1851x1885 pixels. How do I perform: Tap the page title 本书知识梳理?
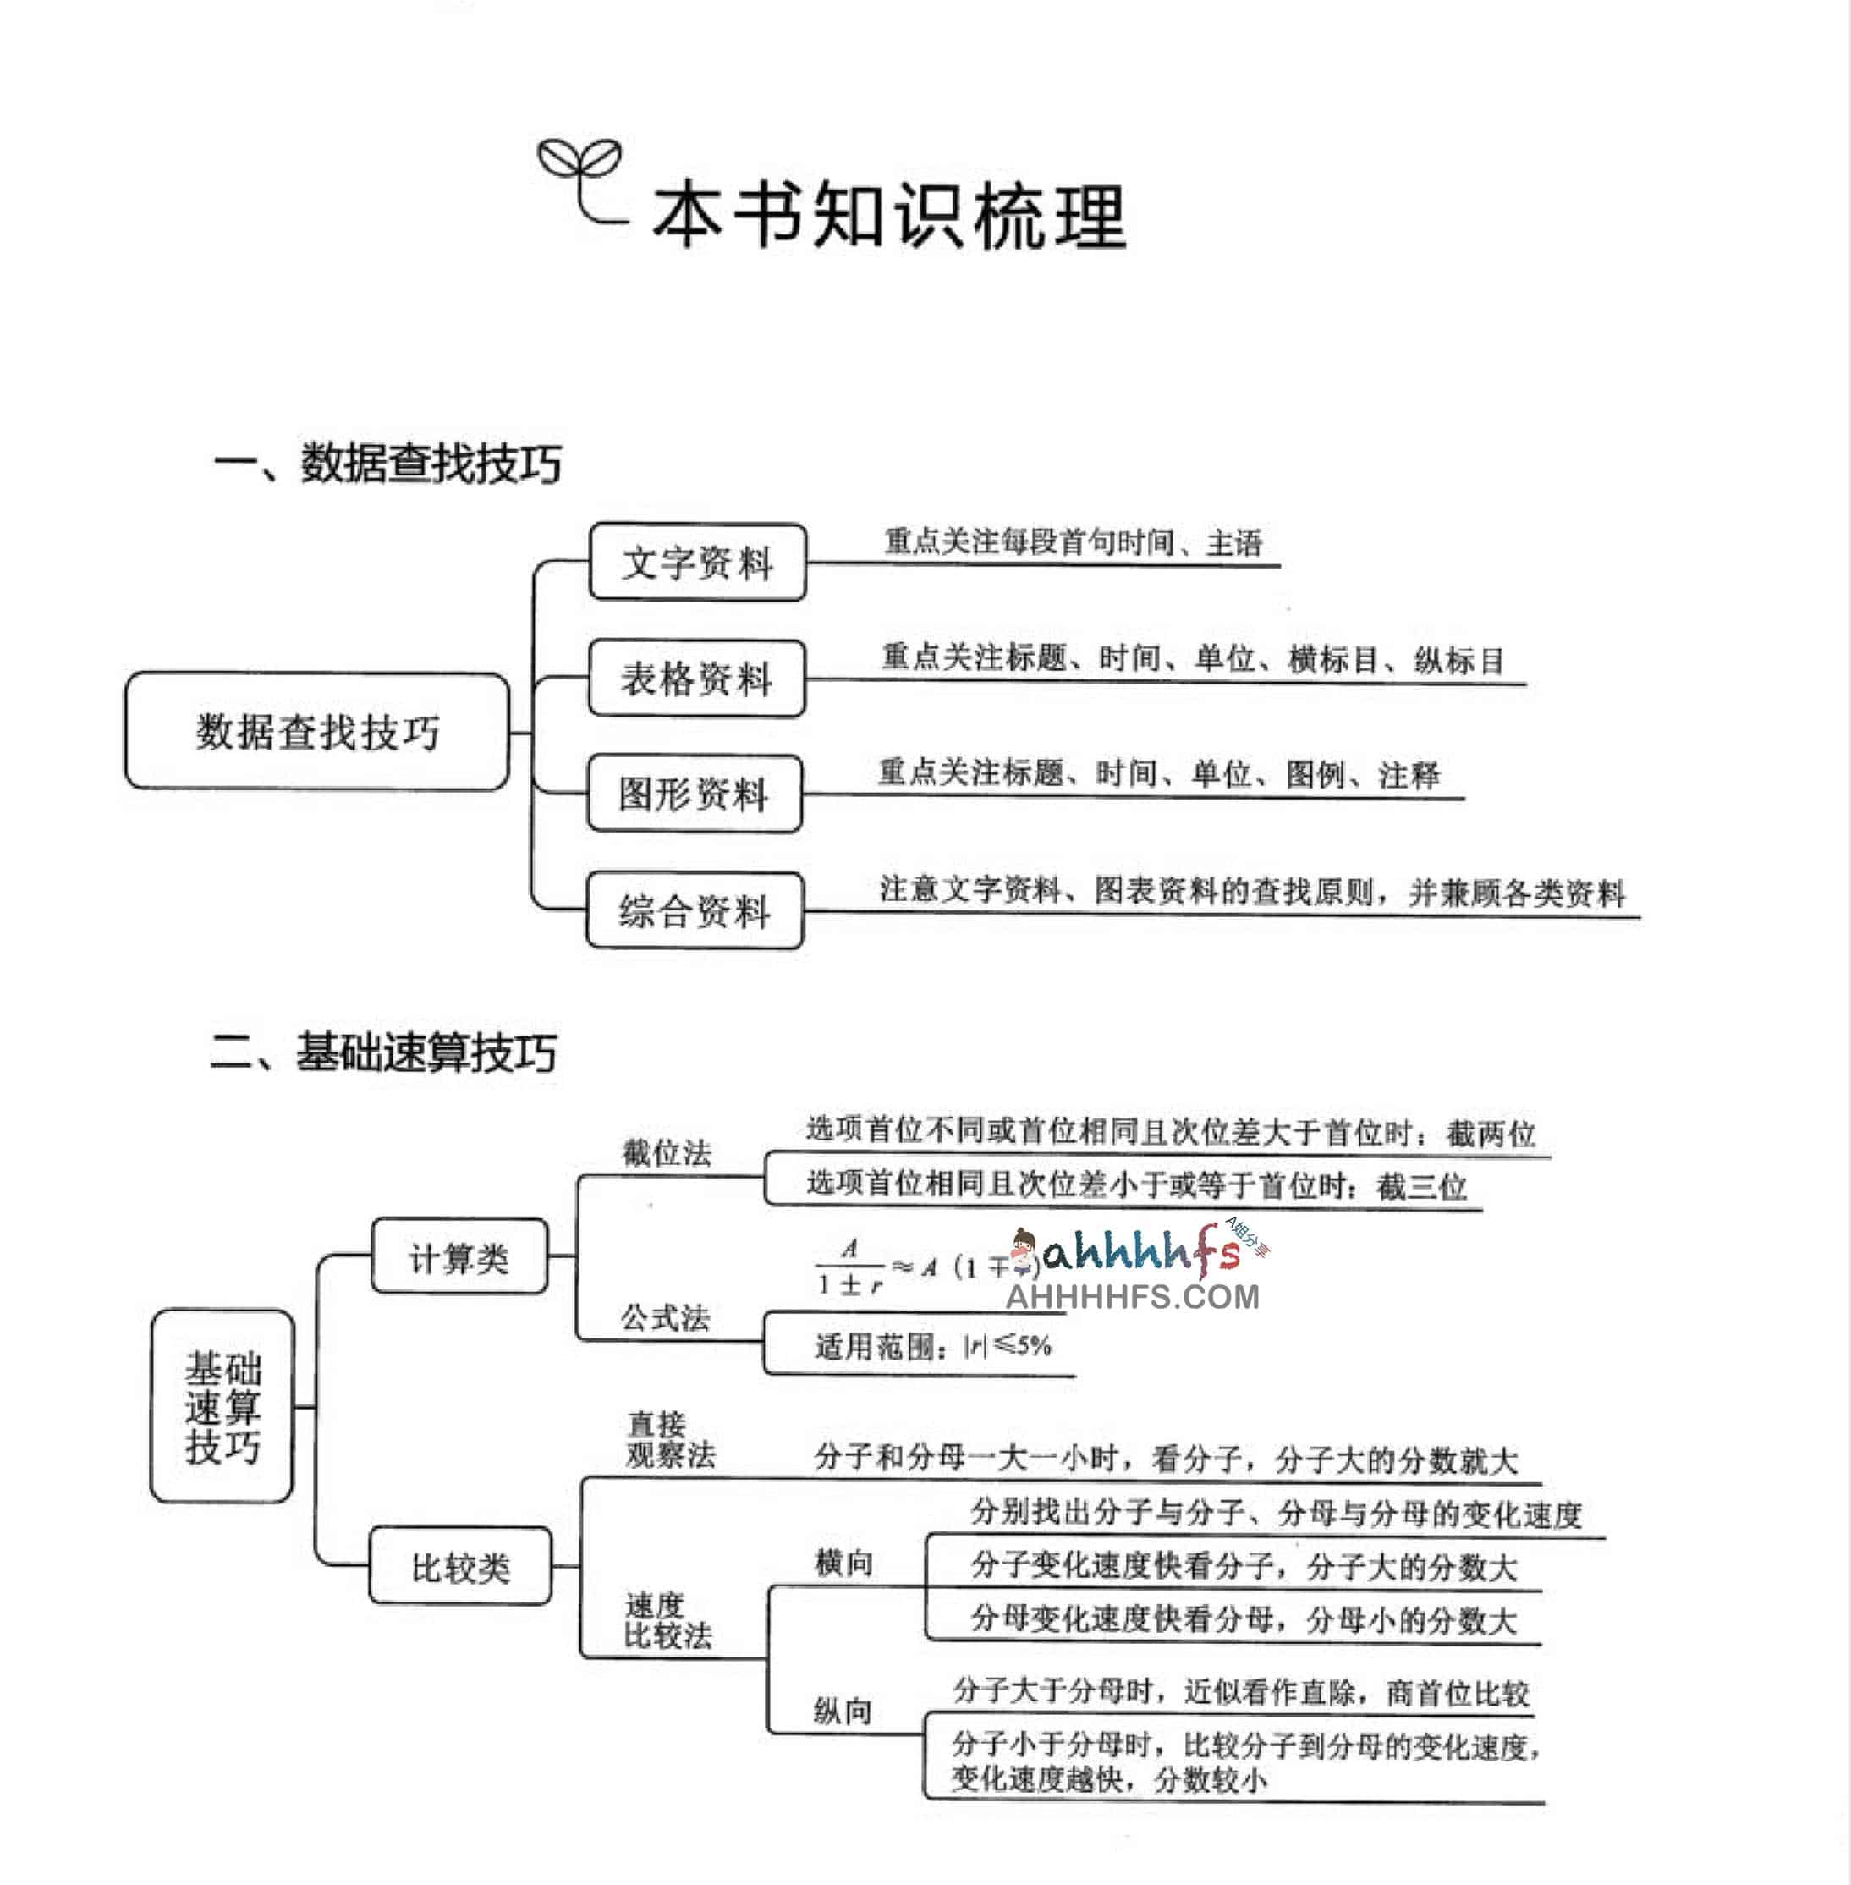coord(887,215)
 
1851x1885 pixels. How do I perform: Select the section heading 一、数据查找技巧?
coord(387,463)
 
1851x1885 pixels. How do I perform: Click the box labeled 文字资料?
coord(697,562)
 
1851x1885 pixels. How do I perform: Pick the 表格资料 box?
coord(696,678)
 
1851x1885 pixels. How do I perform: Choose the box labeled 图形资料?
coord(694,794)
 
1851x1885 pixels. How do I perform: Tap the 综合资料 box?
coord(694,911)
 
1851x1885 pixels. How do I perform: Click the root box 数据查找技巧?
coord(317,731)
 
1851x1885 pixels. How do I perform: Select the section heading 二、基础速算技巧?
coord(383,1052)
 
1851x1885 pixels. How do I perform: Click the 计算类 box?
coord(459,1257)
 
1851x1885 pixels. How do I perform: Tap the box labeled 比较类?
coord(460,1567)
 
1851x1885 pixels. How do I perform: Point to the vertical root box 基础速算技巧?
coord(222,1407)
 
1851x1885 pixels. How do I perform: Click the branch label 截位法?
coord(667,1153)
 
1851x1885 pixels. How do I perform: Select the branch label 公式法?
coord(666,1317)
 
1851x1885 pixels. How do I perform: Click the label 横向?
coord(843,1564)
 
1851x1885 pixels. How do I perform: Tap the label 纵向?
coord(842,1710)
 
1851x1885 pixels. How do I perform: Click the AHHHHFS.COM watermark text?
coord(1132,1296)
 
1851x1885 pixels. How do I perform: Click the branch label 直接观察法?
coord(670,1440)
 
